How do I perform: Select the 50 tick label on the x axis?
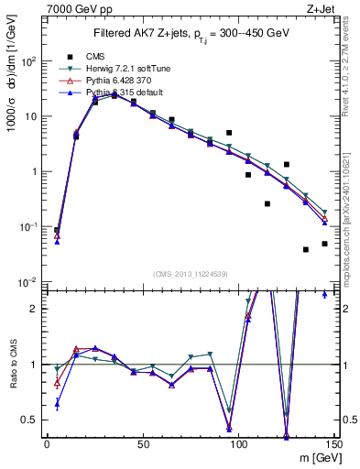143,443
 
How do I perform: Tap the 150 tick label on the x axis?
334,443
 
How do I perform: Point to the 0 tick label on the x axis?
47,443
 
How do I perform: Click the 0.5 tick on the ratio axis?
33,420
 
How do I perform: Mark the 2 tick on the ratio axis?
37,309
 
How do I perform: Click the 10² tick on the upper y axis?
31,61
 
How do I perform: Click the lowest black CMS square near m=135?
306,249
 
